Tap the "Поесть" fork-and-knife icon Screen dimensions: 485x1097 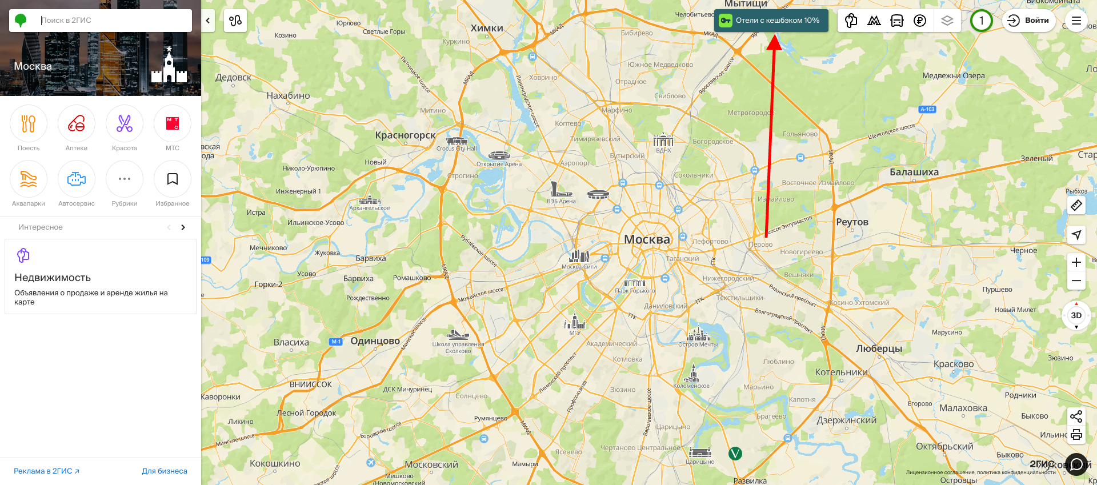29,123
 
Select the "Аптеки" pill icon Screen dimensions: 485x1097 77,123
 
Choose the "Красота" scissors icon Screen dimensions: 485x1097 125,123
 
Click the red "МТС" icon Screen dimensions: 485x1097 173,123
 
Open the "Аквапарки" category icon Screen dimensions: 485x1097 29,179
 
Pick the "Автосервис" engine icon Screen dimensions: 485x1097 77,179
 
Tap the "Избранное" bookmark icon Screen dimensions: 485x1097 173,179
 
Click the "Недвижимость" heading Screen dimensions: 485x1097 53,278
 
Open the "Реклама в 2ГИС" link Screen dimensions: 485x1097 46,471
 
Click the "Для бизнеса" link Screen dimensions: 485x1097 165,471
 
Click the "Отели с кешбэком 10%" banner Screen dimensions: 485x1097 771,21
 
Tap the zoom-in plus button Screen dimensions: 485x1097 1076,262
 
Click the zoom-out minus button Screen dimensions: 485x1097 1076,280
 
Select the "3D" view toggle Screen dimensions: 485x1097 1076,315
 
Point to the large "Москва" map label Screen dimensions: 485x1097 647,239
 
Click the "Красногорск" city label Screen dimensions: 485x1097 405,135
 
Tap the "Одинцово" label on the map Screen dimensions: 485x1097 375,341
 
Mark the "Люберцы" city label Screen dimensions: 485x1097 879,348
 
